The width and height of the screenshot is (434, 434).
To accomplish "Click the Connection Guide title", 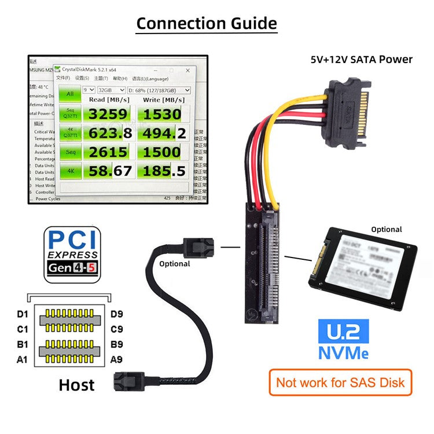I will click(207, 24).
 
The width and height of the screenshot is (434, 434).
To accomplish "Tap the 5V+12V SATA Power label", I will click(361, 59).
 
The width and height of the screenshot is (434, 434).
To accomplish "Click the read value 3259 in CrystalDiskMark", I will click(108, 114).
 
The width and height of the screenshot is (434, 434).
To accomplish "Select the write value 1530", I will click(162, 114).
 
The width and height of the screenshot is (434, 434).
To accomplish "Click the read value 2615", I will click(108, 152).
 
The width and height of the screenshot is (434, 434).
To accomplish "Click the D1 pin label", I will click(22, 314).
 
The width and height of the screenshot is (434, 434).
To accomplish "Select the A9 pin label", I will click(116, 359).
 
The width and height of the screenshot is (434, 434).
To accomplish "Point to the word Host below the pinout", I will click(76, 384).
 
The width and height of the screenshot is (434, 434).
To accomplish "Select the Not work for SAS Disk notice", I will click(341, 382).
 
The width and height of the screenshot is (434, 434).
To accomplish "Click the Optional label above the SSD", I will click(386, 229).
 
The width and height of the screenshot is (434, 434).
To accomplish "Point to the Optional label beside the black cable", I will click(174, 263).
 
